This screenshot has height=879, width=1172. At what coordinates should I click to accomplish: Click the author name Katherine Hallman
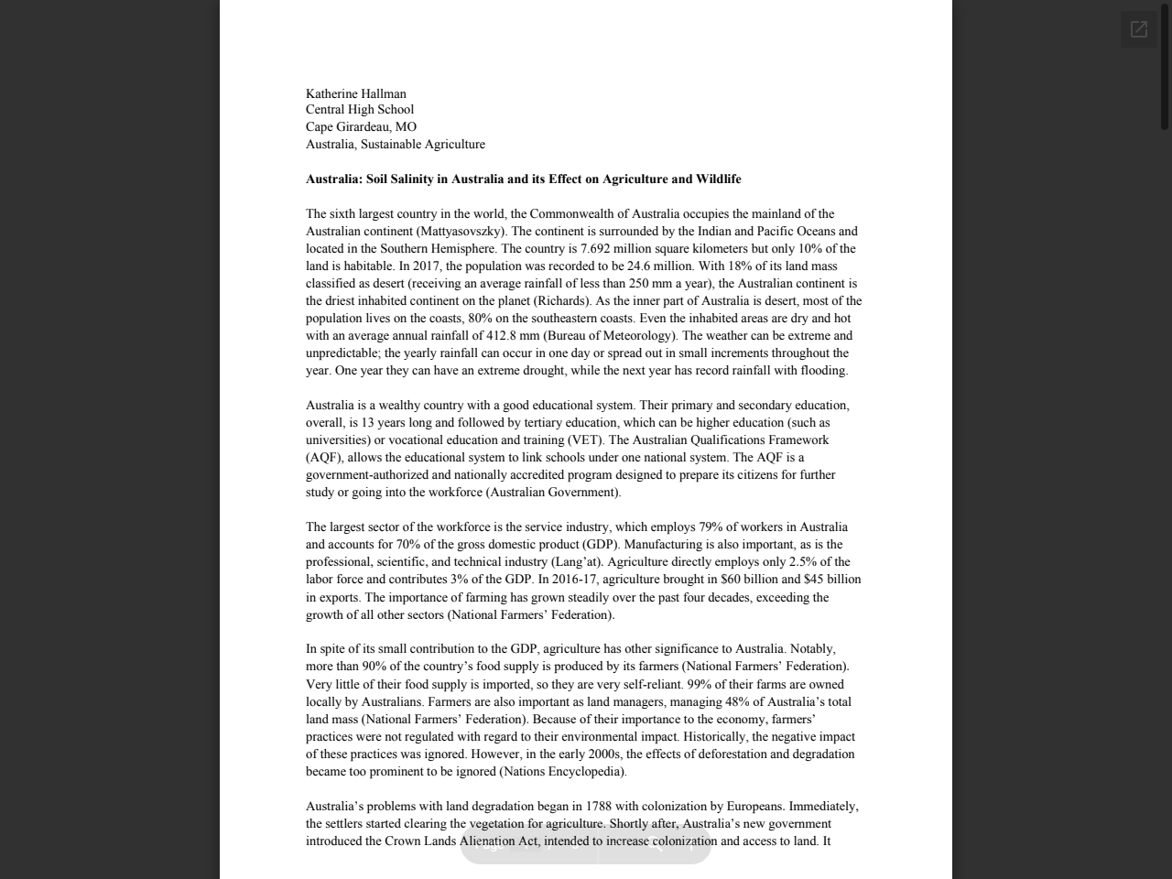click(355, 93)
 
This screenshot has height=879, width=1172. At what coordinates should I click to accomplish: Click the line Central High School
click(359, 110)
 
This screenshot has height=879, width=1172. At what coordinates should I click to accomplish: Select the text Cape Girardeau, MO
click(361, 127)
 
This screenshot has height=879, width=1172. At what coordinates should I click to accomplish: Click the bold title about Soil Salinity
click(523, 179)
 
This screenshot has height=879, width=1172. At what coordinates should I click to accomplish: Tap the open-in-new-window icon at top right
click(1138, 29)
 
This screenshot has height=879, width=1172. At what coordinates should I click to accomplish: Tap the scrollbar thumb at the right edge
click(1165, 64)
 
